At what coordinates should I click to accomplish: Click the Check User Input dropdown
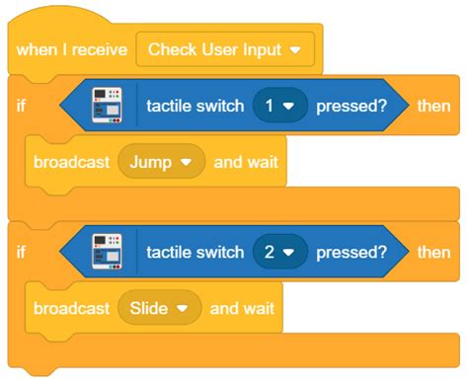pyautogui.click(x=224, y=48)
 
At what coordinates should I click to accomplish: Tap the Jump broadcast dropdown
pyautogui.click(x=161, y=160)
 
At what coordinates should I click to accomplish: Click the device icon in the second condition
pyautogui.click(x=107, y=253)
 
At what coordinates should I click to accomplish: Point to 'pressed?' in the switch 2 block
pyautogui.click(x=351, y=253)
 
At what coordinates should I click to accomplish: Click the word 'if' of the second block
pyautogui.click(x=23, y=253)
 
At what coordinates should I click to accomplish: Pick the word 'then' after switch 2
pyautogui.click(x=433, y=253)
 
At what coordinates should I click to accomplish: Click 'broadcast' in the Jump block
pyautogui.click(x=71, y=160)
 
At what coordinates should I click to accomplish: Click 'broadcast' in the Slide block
pyautogui.click(x=71, y=309)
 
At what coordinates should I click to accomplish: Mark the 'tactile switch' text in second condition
pyautogui.click(x=194, y=253)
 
